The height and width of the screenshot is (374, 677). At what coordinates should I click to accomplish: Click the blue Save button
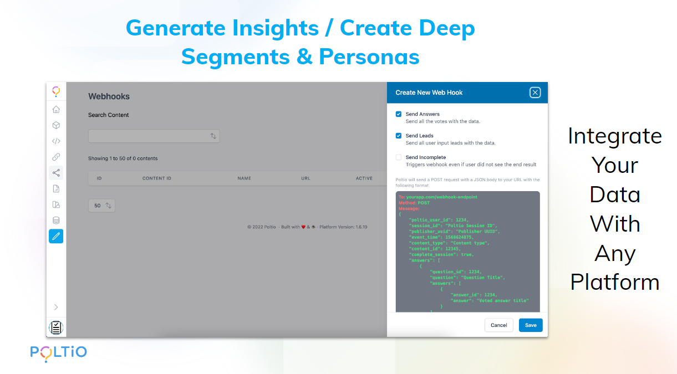click(531, 325)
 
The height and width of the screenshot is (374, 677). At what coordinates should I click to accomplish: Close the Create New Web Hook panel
click(535, 93)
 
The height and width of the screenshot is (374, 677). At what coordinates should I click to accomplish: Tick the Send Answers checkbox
click(399, 114)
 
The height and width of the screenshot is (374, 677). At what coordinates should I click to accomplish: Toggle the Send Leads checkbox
click(399, 136)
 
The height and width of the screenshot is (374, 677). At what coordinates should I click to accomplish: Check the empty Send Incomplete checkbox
click(399, 157)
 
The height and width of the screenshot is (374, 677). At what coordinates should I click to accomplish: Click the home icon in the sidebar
click(56, 109)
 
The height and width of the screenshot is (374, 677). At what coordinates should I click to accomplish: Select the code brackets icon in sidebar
click(56, 141)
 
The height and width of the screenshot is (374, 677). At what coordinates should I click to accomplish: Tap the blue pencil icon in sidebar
click(56, 236)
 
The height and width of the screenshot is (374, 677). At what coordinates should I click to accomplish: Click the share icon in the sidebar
click(56, 173)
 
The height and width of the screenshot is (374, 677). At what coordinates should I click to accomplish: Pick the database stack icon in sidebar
click(56, 220)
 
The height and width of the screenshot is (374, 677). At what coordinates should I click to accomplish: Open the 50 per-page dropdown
click(101, 206)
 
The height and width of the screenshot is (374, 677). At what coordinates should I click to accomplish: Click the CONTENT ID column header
click(156, 178)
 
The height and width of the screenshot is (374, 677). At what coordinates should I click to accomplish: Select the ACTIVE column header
click(364, 178)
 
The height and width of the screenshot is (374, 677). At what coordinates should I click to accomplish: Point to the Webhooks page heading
click(109, 96)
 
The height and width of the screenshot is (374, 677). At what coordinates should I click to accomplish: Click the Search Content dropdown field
click(154, 136)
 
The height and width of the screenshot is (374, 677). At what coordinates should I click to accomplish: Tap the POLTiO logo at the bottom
click(58, 353)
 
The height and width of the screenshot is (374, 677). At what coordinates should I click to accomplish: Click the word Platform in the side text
click(615, 283)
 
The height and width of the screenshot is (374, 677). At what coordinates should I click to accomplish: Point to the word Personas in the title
click(369, 57)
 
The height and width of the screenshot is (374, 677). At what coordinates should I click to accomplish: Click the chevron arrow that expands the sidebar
click(56, 308)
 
